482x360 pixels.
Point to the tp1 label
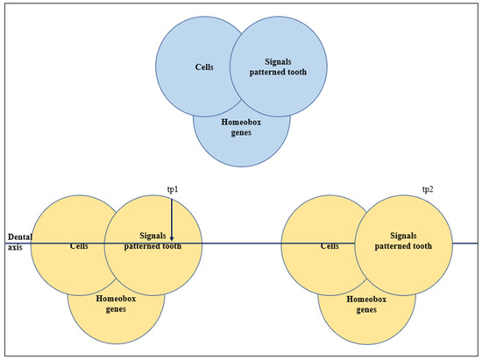pos(172,190)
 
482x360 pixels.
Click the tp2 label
pos(428,190)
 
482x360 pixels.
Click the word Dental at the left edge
pos(19,236)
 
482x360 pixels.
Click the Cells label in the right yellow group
pos(330,245)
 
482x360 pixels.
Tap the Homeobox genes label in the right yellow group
pos(365,304)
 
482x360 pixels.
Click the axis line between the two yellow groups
pos(242,243)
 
